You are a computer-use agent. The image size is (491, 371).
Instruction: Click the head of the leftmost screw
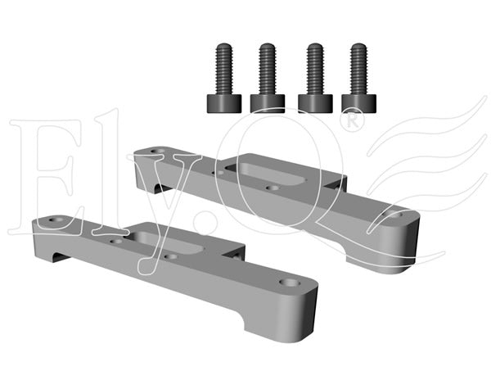coord(224,103)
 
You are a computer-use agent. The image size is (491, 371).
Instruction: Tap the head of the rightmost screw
coord(358,103)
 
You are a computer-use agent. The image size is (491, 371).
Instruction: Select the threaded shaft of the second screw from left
coord(267,69)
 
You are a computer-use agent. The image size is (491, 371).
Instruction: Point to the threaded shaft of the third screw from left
coord(315,69)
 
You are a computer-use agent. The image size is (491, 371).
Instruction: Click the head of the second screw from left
coord(268,103)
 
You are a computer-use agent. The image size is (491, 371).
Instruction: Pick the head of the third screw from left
coord(315,103)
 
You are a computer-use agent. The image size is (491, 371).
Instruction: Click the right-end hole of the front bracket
coord(290,283)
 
